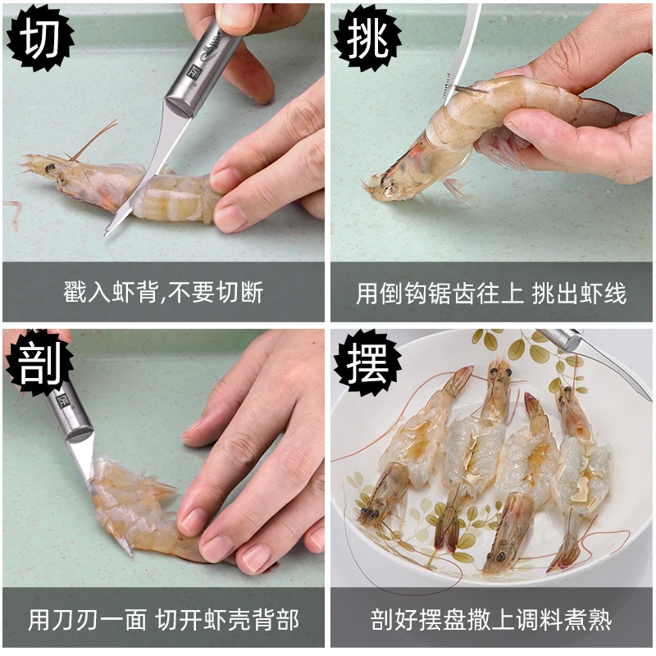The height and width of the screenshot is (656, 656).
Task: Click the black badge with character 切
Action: (40, 39)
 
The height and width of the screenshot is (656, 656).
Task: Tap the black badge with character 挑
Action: (367, 39)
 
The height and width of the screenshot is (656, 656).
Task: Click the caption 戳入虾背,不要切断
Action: (163, 292)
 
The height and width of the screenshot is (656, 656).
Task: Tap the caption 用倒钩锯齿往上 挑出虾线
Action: (491, 293)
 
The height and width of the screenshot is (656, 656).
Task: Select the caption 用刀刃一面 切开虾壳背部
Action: (163, 620)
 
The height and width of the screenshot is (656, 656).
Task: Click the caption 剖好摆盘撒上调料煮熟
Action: (491, 620)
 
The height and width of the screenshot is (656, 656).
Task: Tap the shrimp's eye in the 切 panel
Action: (50, 169)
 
